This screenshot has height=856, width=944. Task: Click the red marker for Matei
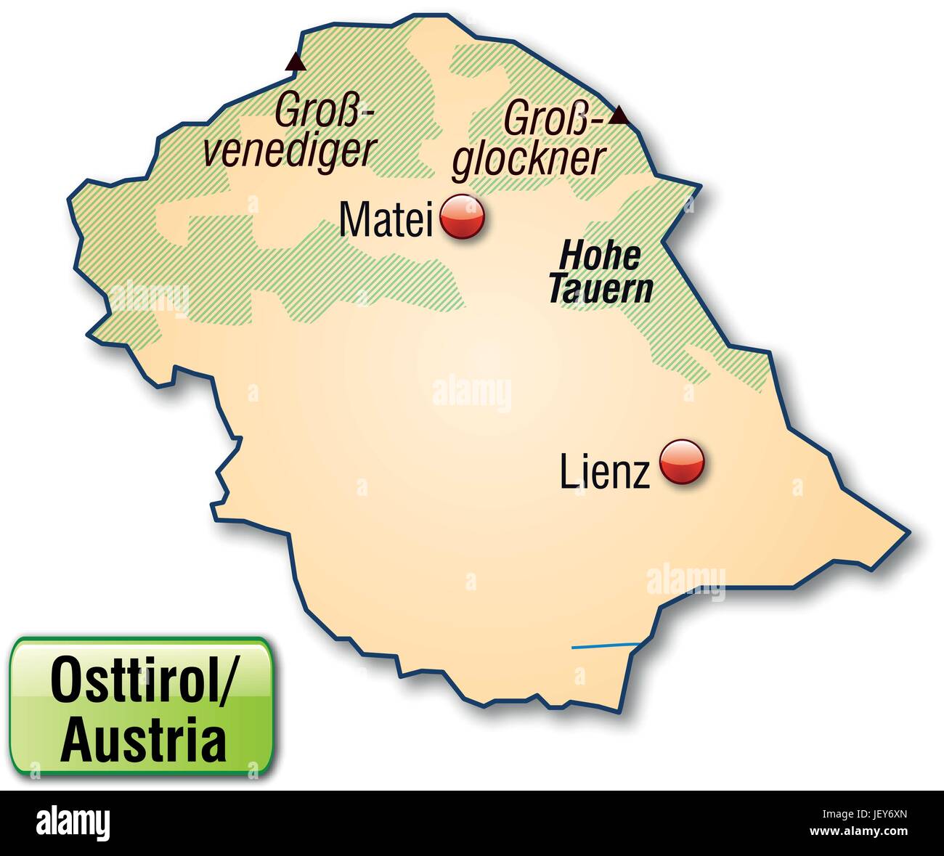(463, 216)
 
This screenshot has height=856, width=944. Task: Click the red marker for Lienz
(682, 462)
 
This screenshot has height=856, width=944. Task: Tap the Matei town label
(386, 219)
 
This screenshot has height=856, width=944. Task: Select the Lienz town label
(604, 473)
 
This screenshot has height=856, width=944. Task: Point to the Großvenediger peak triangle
(296, 62)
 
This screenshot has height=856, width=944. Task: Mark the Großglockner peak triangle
(619, 115)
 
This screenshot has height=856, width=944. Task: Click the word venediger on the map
(288, 150)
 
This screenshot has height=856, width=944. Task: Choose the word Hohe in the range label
(601, 256)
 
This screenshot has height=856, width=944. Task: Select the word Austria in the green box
(143, 740)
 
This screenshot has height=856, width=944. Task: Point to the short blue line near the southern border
(605, 645)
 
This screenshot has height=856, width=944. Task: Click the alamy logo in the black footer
(73, 823)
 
